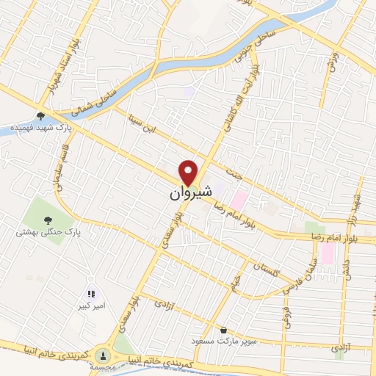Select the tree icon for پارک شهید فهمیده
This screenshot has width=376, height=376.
point(40,115)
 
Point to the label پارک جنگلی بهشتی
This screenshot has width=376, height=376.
point(48,232)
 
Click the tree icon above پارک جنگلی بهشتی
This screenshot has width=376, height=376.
point(48,218)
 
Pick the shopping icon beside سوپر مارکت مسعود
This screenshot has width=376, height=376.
point(223,330)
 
